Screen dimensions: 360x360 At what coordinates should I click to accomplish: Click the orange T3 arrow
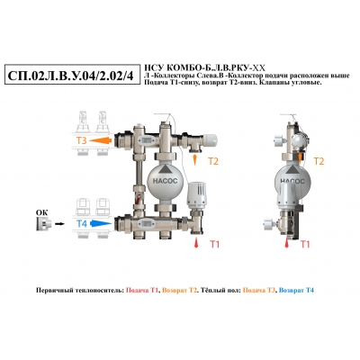[x=101, y=140]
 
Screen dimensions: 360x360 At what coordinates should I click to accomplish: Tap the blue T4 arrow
[x=101, y=223]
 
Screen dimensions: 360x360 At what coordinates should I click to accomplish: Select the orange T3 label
[x=80, y=140]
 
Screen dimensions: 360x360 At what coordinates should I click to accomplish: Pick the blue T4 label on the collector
[x=81, y=223]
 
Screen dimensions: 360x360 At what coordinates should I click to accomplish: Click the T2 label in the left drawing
[x=213, y=161]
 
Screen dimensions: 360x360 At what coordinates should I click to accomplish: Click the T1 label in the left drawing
[x=214, y=245]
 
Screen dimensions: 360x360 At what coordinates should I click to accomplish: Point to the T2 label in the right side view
[x=319, y=161]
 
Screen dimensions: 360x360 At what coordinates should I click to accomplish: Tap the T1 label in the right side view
[x=305, y=245]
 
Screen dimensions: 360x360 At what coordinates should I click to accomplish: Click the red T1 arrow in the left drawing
[x=196, y=243]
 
